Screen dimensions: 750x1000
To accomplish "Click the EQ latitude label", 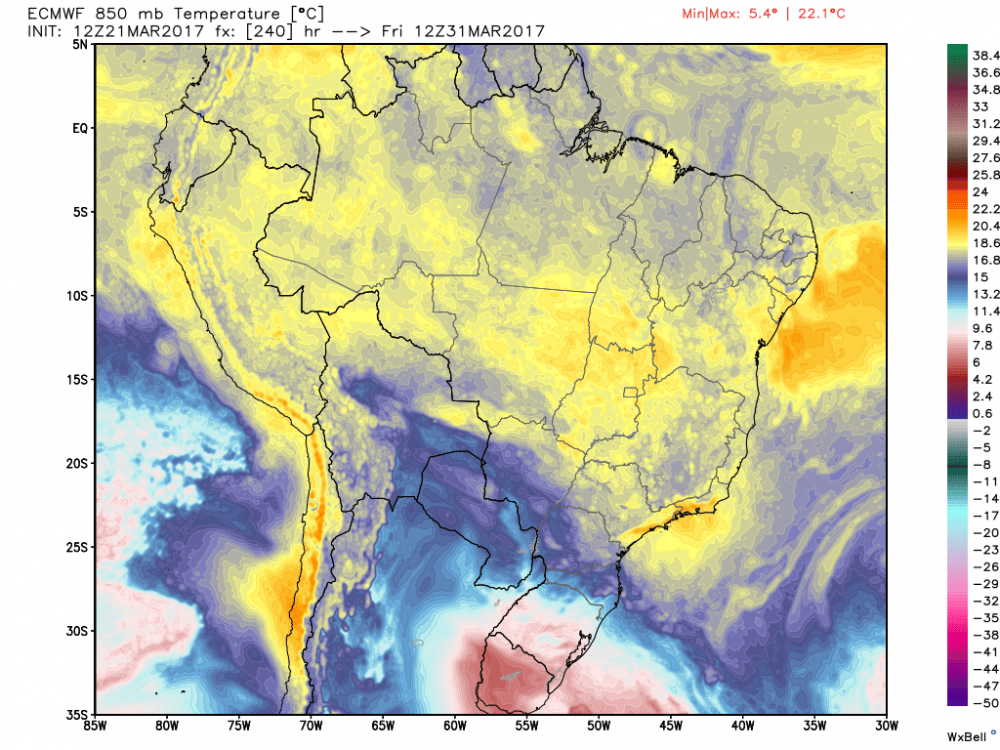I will [80, 129].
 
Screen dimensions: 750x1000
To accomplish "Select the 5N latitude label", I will [81, 45].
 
